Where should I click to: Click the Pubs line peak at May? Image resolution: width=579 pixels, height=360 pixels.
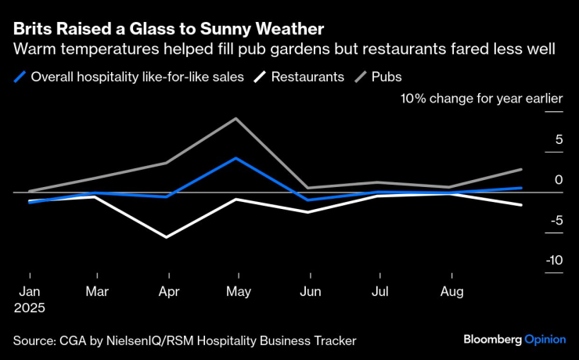[236, 118]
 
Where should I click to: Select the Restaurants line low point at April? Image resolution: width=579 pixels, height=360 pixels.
[166, 236]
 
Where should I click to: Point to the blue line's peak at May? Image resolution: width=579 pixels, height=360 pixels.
[236, 158]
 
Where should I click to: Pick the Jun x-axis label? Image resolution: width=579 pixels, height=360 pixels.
[311, 292]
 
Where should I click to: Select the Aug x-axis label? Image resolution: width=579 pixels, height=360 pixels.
[451, 292]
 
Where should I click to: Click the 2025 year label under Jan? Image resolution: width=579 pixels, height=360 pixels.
[30, 308]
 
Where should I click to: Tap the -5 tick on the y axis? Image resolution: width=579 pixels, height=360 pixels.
[556, 221]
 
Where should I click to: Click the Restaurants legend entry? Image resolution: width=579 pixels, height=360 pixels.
[302, 77]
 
